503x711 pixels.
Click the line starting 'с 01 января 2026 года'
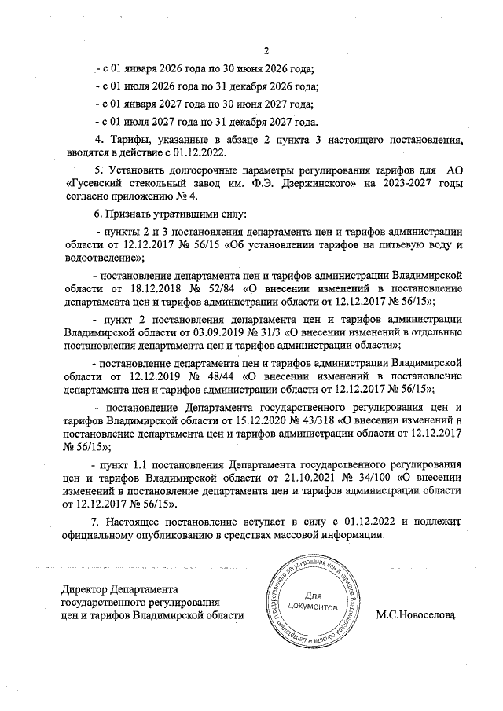click(x=204, y=68)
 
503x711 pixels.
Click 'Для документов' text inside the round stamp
click(x=312, y=600)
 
